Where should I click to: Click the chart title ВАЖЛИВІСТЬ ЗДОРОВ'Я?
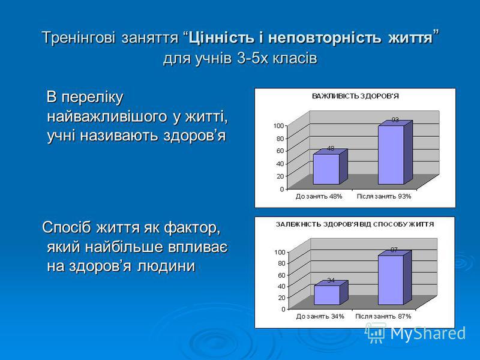tap(355, 96)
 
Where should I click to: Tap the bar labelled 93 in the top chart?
tap(395, 152)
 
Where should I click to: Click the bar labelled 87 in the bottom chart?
tap(395, 278)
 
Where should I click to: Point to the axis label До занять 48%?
tap(319, 197)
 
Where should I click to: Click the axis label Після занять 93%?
tap(384, 197)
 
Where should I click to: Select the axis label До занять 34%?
tap(320, 317)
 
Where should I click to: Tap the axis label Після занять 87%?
tap(383, 317)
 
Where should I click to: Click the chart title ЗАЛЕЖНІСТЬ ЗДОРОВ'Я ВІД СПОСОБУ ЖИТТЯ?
tap(355, 224)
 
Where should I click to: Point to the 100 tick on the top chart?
tap(278, 125)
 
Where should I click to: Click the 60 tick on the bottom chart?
tap(281, 275)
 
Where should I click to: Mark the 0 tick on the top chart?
tap(282, 189)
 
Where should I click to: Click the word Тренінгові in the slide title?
tap(79, 38)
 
